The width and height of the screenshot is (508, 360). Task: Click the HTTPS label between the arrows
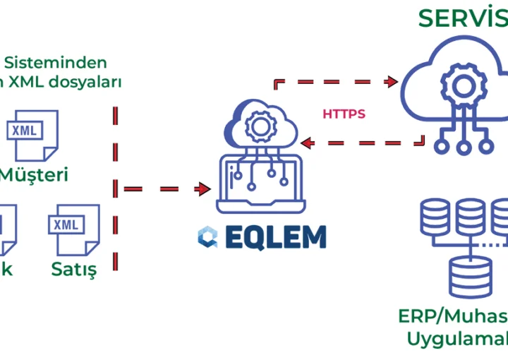344,114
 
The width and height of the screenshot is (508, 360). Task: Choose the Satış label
73,269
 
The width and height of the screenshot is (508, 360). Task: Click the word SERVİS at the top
462,18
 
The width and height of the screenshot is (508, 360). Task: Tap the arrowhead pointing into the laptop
205,189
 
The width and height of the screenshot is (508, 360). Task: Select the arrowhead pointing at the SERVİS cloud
392,82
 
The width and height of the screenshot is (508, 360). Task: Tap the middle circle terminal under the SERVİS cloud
464,148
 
